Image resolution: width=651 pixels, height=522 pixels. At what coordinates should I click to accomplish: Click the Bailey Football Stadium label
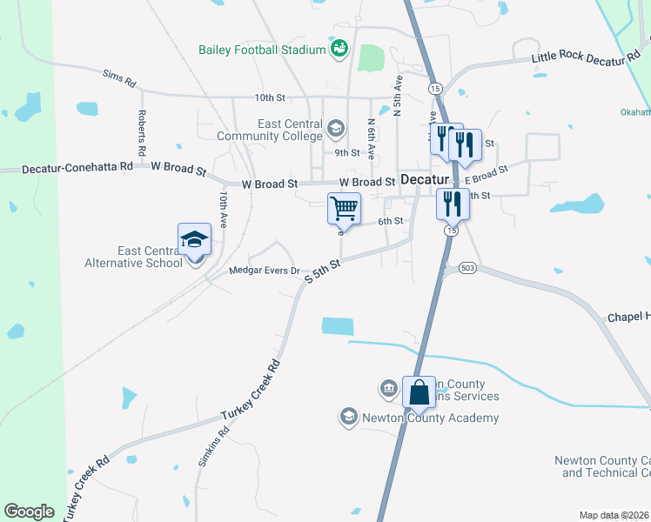pyautogui.click(x=261, y=50)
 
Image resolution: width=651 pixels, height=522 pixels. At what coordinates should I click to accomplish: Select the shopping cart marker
pyautogui.click(x=344, y=208)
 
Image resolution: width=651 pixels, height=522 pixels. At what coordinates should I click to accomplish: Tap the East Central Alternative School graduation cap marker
pyautogui.click(x=194, y=239)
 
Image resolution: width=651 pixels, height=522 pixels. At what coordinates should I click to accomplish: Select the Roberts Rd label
pyautogui.click(x=142, y=128)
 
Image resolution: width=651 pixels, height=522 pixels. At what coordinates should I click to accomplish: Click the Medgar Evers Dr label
pyautogui.click(x=264, y=271)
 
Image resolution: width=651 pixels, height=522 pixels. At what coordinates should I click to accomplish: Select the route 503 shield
pyautogui.click(x=468, y=267)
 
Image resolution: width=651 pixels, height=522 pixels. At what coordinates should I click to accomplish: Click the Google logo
pyautogui.click(x=30, y=512)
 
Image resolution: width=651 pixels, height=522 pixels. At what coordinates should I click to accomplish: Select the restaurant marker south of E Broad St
pyautogui.click(x=452, y=204)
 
